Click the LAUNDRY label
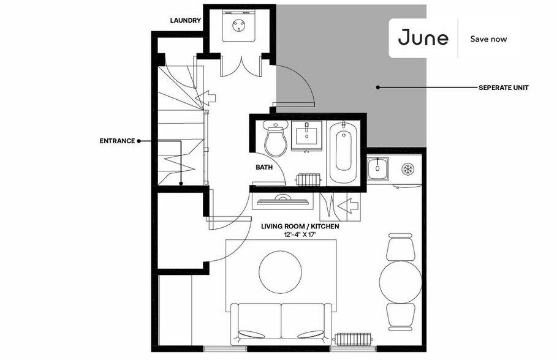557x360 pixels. (x=186, y=21)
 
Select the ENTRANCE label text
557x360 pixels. (x=117, y=141)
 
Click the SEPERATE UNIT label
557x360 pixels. (x=503, y=88)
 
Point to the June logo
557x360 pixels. (x=423, y=38)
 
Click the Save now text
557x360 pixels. (x=488, y=39)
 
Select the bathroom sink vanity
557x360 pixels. (x=306, y=135)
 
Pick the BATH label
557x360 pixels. (x=264, y=167)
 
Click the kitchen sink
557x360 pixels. (x=377, y=167)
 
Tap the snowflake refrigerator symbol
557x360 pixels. (x=406, y=168)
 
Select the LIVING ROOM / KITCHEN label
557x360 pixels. (x=300, y=226)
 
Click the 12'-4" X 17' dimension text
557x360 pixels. (x=300, y=234)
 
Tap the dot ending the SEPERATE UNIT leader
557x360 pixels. (x=377, y=88)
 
